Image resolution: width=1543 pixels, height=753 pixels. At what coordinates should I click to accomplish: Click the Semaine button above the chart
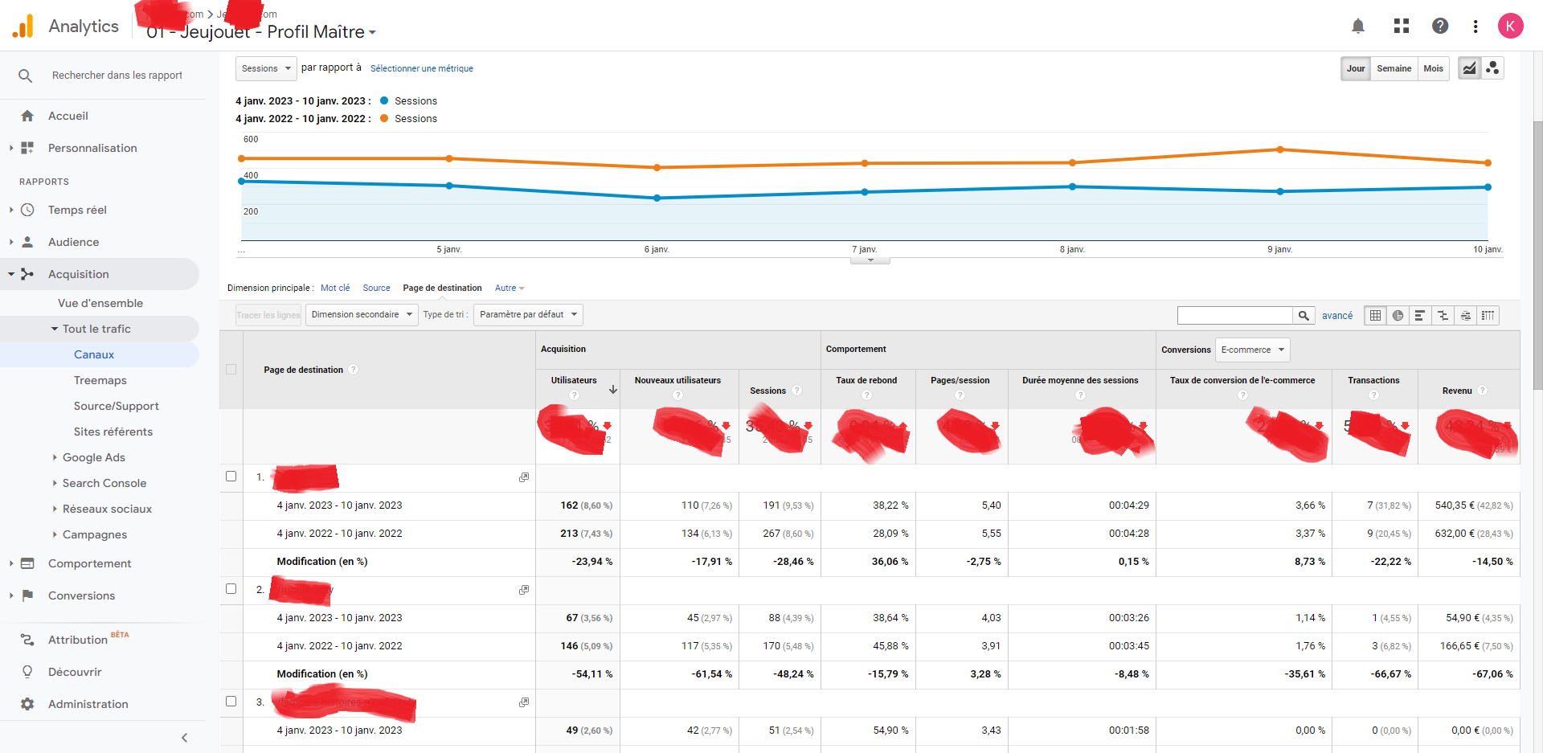pos(1394,68)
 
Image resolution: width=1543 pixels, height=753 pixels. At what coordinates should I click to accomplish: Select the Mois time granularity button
pos(1433,68)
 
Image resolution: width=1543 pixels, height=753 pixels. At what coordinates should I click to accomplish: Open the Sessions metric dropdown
pos(266,68)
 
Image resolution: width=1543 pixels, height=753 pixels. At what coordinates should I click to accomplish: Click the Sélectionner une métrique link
pos(421,69)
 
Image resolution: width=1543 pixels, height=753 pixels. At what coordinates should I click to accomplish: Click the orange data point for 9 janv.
pos(1280,149)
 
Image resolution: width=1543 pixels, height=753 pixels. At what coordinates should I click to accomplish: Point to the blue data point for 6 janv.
pos(657,198)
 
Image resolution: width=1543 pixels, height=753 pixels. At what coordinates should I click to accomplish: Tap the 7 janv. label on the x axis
pos(864,249)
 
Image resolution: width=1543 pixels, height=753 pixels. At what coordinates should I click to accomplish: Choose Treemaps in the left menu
pos(100,380)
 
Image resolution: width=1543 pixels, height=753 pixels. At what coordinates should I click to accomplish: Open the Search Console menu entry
pos(104,483)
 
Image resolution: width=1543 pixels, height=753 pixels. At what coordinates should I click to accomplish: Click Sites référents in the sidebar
pos(113,432)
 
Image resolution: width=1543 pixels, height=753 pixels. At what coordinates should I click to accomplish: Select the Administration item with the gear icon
pos(88,704)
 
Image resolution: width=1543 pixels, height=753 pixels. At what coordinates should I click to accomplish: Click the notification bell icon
pos(1357,26)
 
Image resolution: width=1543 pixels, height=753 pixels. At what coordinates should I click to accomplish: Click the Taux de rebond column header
pos(866,380)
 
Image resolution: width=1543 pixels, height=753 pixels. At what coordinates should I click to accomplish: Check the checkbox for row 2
pos(231,589)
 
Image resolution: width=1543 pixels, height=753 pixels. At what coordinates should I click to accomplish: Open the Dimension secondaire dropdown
pos(362,314)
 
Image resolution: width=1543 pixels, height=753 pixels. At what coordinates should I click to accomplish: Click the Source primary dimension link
pos(376,288)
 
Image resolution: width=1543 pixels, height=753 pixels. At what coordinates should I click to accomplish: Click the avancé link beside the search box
pos(1336,316)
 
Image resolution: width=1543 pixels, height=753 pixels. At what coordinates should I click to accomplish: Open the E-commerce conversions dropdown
pos(1252,350)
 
